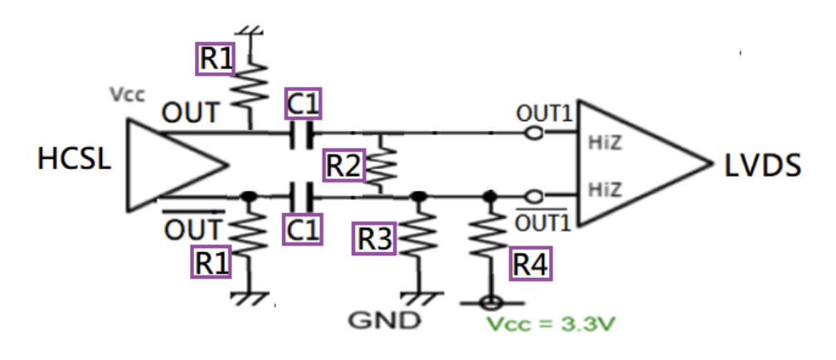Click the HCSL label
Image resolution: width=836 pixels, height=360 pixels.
[74, 158]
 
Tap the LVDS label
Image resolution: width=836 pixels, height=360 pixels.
[762, 166]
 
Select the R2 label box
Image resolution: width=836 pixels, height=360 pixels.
[345, 165]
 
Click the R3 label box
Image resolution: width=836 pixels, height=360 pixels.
[374, 238]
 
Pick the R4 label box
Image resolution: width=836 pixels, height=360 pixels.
[531, 264]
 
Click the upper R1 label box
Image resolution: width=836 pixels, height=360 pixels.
[215, 59]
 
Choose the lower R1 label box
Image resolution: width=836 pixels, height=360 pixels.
[211, 261]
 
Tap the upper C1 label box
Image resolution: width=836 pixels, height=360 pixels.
[303, 103]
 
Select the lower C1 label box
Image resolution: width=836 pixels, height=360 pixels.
[302, 230]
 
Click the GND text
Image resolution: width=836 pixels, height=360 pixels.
[384, 320]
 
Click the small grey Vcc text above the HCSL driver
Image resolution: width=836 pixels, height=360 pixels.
[128, 95]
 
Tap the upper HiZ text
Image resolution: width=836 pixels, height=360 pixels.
[604, 143]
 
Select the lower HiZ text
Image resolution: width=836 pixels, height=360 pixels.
[604, 188]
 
